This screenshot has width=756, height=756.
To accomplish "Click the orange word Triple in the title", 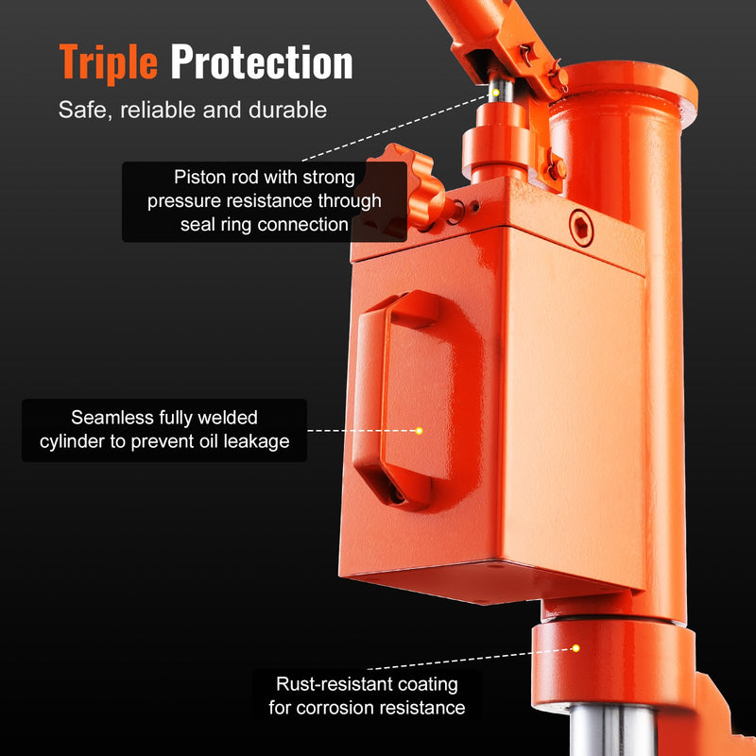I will pos(108,62).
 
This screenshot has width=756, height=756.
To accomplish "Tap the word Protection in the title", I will pos(262,62).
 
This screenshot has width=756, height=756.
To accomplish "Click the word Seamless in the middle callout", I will pos(112,418).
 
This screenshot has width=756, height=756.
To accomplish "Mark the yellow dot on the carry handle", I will pos(419,430).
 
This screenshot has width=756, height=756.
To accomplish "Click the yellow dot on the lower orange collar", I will pos(575,648).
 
